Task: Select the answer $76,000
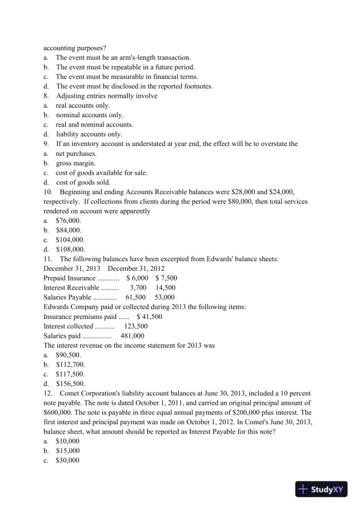coord(68,220)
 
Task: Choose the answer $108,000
coord(70,249)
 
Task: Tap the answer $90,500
coord(68,354)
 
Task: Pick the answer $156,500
coord(70,382)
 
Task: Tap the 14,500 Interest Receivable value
coord(165,287)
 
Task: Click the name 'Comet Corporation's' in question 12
coord(90,392)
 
